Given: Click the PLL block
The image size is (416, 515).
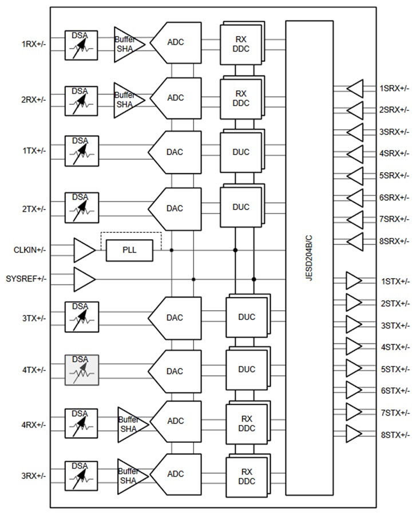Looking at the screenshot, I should point(129,251).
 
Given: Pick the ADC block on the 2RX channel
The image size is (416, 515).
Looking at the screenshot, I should point(176,98).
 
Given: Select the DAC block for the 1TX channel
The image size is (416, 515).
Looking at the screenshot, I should point(175,152).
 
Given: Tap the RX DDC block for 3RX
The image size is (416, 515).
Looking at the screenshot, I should point(247,476).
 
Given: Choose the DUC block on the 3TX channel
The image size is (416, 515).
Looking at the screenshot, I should point(247,318).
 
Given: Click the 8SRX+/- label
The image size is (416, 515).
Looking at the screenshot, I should point(394,241).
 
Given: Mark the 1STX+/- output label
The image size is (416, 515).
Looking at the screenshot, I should point(395,281).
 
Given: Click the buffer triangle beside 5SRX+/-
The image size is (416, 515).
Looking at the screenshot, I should point(355,176).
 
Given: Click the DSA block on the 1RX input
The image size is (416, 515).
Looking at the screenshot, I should point(81,44).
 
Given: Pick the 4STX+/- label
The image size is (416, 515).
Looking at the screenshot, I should point(395,347).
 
